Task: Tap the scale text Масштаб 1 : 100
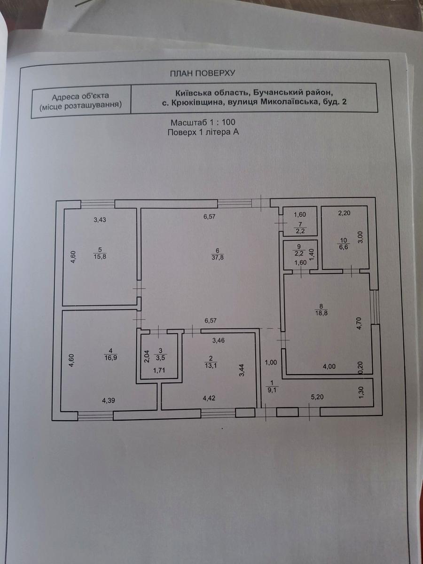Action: click(203, 123)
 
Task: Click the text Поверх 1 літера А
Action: click(203, 133)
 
